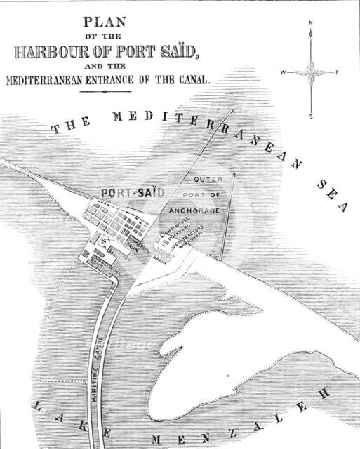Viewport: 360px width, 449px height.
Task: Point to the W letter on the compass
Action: (282, 72)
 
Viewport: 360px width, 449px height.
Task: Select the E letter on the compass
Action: (338, 72)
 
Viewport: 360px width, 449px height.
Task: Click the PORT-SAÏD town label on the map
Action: (127, 192)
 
